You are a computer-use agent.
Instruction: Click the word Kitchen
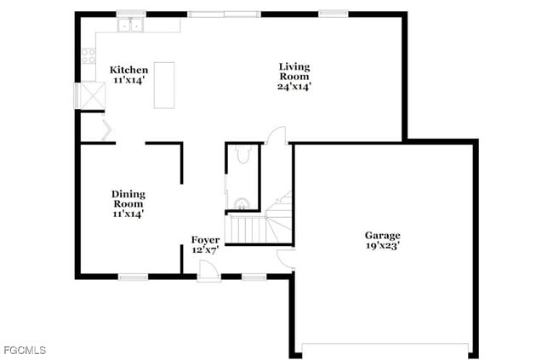(x=128, y=70)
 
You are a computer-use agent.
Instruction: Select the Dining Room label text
(x=128, y=198)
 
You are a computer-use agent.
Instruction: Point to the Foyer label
(x=205, y=240)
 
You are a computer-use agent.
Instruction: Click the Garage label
(x=382, y=235)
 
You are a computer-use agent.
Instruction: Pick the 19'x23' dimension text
(x=382, y=246)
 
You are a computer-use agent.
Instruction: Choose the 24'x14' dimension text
(x=294, y=86)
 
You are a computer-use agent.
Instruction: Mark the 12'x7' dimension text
(x=205, y=250)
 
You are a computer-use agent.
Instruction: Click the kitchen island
(x=163, y=85)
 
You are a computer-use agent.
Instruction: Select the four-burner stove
(x=88, y=56)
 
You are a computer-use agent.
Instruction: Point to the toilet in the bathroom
(x=242, y=154)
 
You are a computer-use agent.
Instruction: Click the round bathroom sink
(x=241, y=203)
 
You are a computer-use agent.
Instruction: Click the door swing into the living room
(x=276, y=134)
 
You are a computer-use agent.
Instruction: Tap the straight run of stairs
(x=247, y=228)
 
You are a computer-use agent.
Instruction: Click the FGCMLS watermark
(x=25, y=350)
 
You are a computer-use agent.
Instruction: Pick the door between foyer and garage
(x=286, y=259)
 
